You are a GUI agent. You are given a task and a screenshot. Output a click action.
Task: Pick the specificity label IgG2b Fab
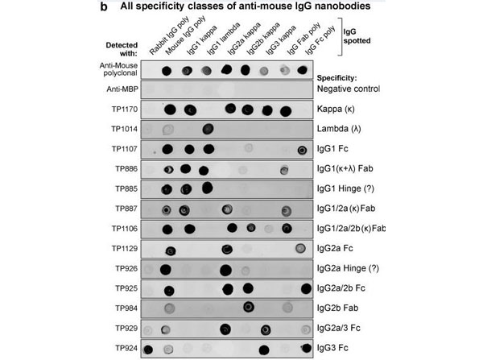(x=339, y=308)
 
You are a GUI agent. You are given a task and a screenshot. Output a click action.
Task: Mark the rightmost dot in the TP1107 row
(x=303, y=149)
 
